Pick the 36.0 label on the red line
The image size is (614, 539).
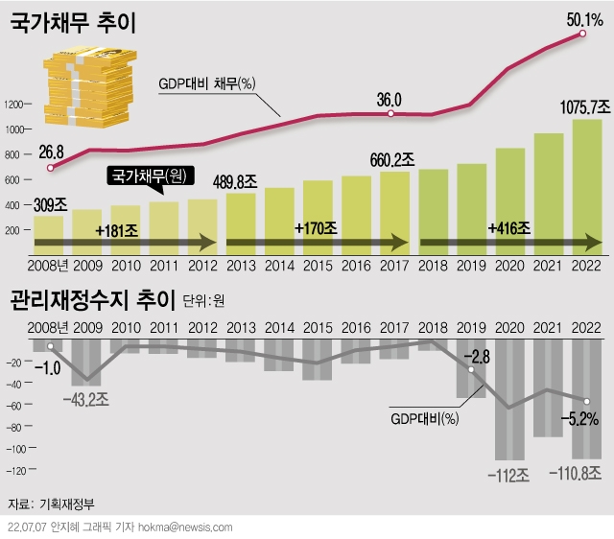[390, 99]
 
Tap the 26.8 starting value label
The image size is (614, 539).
[52, 151]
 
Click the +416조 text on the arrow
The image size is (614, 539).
[508, 229]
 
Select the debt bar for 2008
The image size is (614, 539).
[49, 230]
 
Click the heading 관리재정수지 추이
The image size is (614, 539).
[91, 302]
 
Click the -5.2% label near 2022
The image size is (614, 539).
[581, 419]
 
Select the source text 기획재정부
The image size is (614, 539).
[67, 504]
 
